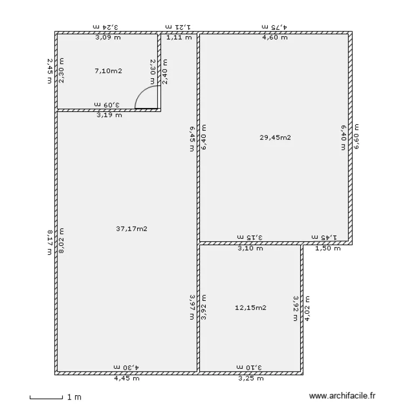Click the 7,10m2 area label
click(109, 71)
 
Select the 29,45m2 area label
click(275, 138)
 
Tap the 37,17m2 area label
click(132, 229)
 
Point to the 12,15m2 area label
click(251, 308)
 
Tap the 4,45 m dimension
click(126, 379)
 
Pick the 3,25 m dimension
click(250, 379)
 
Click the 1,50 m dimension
click(328, 248)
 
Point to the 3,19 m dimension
click(109, 114)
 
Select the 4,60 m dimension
click(275, 37)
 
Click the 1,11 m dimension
click(179, 37)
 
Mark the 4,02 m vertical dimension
click(307, 308)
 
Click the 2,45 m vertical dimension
click(50, 71)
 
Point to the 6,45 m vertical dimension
click(192, 139)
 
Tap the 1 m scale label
click(74, 397)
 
